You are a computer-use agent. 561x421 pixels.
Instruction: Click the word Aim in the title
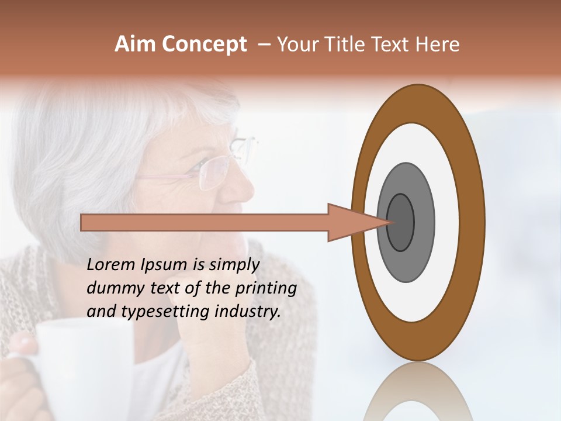click(x=134, y=44)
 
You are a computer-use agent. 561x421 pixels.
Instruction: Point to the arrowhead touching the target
click(x=356, y=223)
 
